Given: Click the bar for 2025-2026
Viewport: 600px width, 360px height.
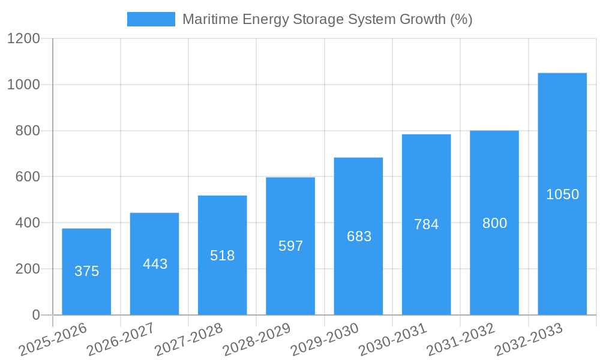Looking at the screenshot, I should pyautogui.click(x=86, y=271).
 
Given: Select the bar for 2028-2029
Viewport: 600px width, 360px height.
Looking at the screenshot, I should pyautogui.click(x=290, y=246).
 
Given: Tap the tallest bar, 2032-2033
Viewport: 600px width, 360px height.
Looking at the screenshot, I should pyautogui.click(x=562, y=194).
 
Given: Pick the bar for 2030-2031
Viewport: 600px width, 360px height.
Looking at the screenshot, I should pyautogui.click(x=426, y=224).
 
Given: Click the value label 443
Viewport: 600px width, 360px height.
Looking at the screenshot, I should pyautogui.click(x=155, y=264).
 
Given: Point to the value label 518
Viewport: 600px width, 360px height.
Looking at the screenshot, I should pyautogui.click(x=223, y=256).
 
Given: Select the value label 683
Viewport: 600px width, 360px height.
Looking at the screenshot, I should pyautogui.click(x=359, y=236).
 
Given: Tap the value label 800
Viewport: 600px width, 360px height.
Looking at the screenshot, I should pyautogui.click(x=494, y=223).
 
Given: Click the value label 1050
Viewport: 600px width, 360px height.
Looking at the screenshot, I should pyautogui.click(x=562, y=194).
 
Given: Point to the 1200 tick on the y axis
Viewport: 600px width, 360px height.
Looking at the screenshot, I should pyautogui.click(x=23, y=39).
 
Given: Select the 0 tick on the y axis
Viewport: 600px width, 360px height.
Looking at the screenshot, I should pyautogui.click(x=35, y=315).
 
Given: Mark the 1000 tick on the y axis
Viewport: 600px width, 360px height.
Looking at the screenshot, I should pyautogui.click(x=23, y=85).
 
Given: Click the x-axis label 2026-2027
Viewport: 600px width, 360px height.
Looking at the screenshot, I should pyautogui.click(x=121, y=340).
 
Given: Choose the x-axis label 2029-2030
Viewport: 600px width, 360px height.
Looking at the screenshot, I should pyautogui.click(x=325, y=340).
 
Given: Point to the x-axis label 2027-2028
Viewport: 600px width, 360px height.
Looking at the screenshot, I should pyautogui.click(x=188, y=340).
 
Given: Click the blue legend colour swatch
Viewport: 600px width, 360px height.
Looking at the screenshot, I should pyautogui.click(x=151, y=19).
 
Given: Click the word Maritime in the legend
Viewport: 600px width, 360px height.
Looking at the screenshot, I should pyautogui.click(x=205, y=19).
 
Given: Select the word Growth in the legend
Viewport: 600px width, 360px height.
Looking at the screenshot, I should pyautogui.click(x=424, y=19).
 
